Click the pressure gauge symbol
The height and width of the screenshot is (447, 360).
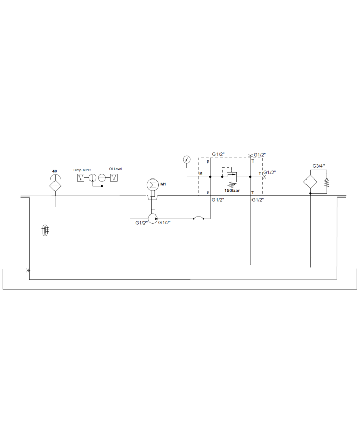coord(187,159)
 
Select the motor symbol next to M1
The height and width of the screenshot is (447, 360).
coord(152,185)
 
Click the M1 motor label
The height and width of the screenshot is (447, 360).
coord(164,184)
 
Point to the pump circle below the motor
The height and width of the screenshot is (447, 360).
coord(153,219)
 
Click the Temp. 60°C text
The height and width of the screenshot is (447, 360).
coord(81,170)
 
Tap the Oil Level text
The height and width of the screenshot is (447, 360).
coord(115,169)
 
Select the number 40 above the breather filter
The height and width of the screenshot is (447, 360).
coord(55,171)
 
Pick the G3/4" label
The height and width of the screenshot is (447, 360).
coord(319,166)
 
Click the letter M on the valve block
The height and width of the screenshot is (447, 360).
coord(201,174)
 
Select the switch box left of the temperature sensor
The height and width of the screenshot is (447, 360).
coord(81,178)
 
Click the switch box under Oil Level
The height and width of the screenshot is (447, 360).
coord(114,178)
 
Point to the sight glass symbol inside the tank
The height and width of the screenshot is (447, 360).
coord(45,230)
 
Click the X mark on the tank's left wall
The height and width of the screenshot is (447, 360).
coord(28,270)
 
